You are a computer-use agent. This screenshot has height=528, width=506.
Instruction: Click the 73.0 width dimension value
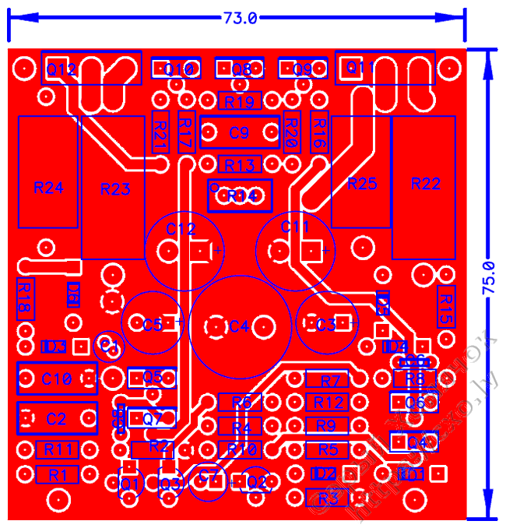click(x=240, y=18)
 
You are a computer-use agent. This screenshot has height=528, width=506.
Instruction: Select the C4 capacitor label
click(x=239, y=326)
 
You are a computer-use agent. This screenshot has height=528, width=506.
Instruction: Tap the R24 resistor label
click(x=49, y=188)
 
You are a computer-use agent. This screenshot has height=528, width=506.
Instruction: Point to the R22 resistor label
click(x=426, y=184)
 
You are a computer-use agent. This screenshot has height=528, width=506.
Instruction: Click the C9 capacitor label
click(x=239, y=133)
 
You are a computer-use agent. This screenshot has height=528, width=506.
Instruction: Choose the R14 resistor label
click(x=241, y=195)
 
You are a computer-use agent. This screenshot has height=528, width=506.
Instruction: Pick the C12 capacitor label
click(x=181, y=229)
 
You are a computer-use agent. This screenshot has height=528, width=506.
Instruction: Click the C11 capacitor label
click(x=295, y=227)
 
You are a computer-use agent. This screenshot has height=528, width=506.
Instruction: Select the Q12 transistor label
click(x=61, y=70)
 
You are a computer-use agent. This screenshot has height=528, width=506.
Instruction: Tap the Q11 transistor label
click(x=361, y=68)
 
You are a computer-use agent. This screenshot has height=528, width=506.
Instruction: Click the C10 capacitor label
click(x=57, y=379)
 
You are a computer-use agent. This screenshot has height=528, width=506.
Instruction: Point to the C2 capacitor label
click(x=56, y=419)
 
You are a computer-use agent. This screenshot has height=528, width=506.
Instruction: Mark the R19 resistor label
click(x=240, y=102)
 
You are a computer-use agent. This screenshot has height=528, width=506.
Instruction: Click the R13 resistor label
click(x=240, y=165)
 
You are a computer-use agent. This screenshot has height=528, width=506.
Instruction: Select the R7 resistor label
click(x=331, y=381)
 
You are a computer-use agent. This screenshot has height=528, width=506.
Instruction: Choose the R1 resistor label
click(x=58, y=473)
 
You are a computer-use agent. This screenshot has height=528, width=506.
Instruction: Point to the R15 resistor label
click(x=446, y=305)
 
